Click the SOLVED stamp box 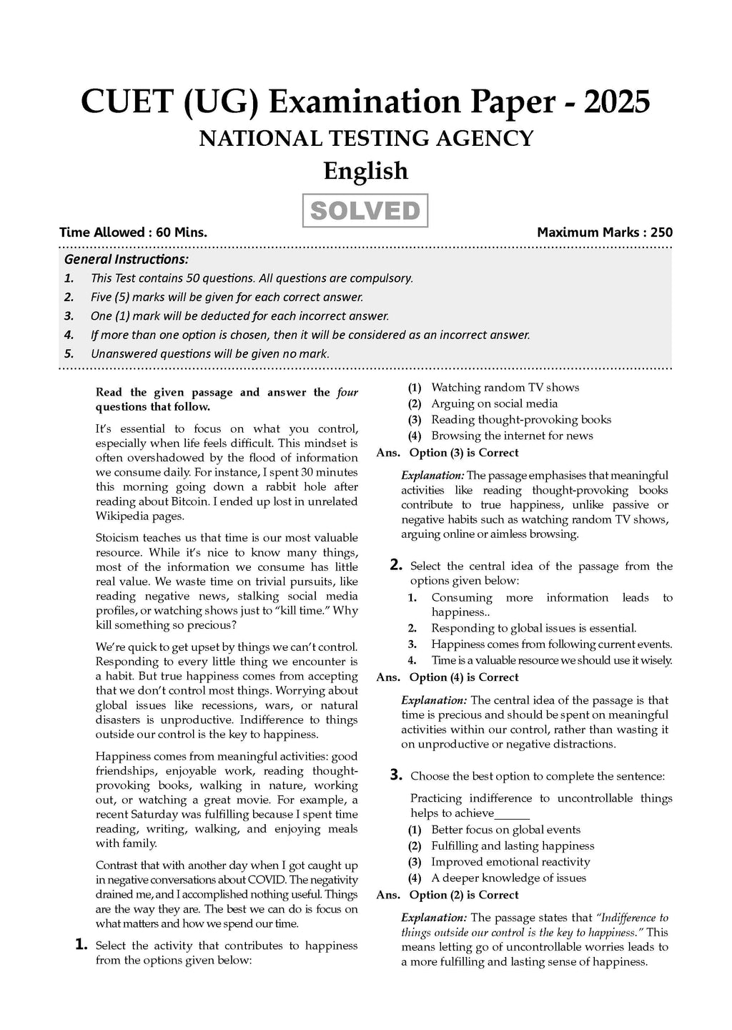(365, 211)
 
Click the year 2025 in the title (617, 102)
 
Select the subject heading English (365, 171)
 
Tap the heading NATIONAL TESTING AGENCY (366, 138)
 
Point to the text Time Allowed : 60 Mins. (134, 232)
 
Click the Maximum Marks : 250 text (604, 232)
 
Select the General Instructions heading (127, 260)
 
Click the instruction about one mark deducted (239, 316)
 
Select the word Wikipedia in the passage (122, 516)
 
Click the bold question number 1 (81, 945)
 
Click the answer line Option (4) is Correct (463, 677)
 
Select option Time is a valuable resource (551, 660)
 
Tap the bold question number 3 (395, 775)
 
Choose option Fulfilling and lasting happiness (513, 846)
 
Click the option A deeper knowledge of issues (508, 878)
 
